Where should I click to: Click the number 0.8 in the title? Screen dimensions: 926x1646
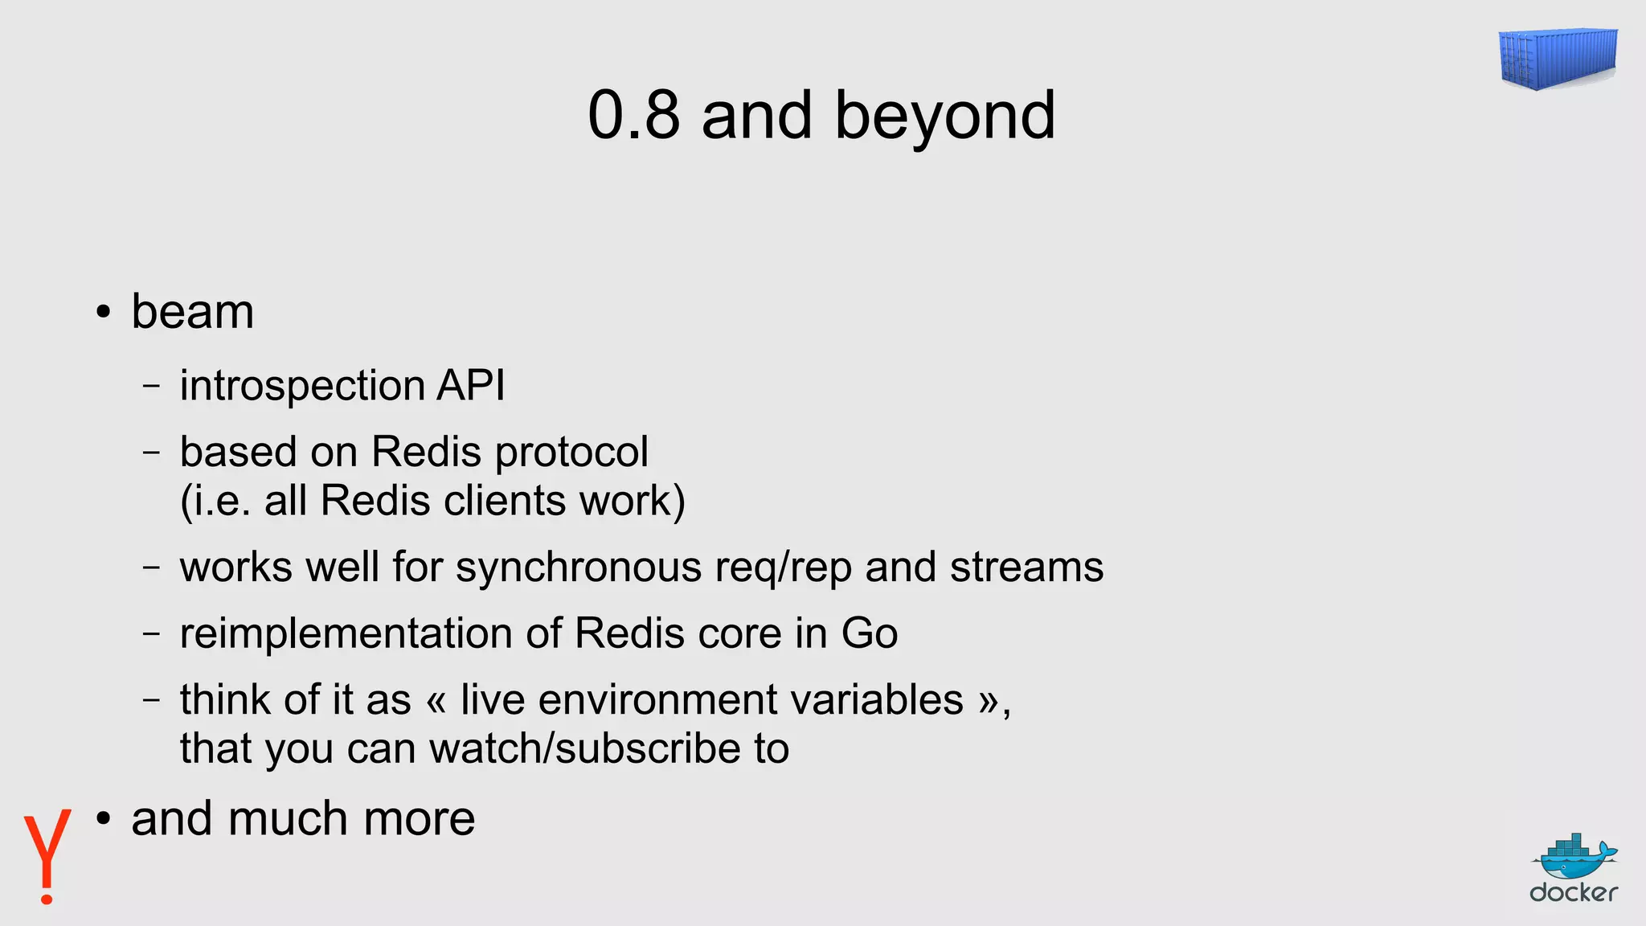coord(633,116)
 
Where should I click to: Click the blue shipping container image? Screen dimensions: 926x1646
coord(1558,58)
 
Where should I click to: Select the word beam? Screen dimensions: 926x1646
coord(192,312)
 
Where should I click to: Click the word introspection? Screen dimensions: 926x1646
coord(302,386)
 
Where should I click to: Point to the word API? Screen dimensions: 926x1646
coord(471,384)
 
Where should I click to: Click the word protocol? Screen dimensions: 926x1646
coord(571,453)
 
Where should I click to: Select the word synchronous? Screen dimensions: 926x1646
coord(579,567)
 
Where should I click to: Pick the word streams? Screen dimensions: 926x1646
coord(1026,567)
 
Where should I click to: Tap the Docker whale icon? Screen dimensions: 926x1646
coord(1574,858)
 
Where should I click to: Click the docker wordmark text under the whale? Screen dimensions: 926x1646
coord(1574,892)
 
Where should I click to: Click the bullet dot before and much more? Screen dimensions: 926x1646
coord(103,820)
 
